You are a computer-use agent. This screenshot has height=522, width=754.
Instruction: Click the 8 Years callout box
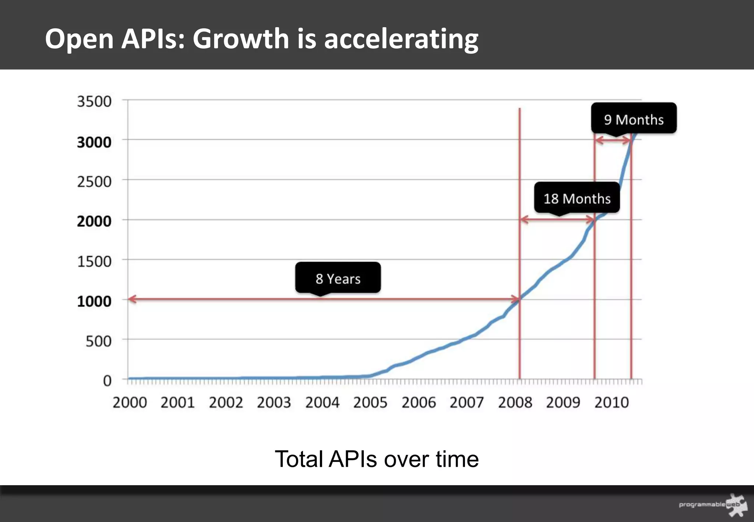point(338,278)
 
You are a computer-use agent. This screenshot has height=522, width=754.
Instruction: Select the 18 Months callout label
point(577,198)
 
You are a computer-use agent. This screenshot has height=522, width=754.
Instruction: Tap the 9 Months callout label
point(634,119)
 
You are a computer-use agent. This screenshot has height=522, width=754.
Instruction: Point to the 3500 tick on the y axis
point(94,101)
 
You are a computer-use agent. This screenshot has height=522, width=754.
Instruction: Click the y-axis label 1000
point(94,301)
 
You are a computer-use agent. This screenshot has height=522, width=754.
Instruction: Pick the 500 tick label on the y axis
point(98,341)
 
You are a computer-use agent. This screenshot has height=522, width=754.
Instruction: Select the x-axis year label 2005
point(370,402)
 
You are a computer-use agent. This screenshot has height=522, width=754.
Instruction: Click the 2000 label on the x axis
point(130,402)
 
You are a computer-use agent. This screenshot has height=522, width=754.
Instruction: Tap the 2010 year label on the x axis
point(611,402)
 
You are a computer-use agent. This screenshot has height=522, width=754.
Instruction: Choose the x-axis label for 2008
point(515,402)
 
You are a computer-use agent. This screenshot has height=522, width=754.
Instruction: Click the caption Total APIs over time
point(377,459)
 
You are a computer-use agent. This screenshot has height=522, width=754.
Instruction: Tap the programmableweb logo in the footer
point(713,504)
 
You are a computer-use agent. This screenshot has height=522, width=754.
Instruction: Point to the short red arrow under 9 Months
point(613,140)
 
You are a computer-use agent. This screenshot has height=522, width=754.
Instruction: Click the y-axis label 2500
point(94,181)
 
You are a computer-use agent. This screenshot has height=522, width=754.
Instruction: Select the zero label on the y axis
point(107,380)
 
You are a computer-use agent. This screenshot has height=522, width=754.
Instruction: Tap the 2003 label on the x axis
point(274,402)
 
